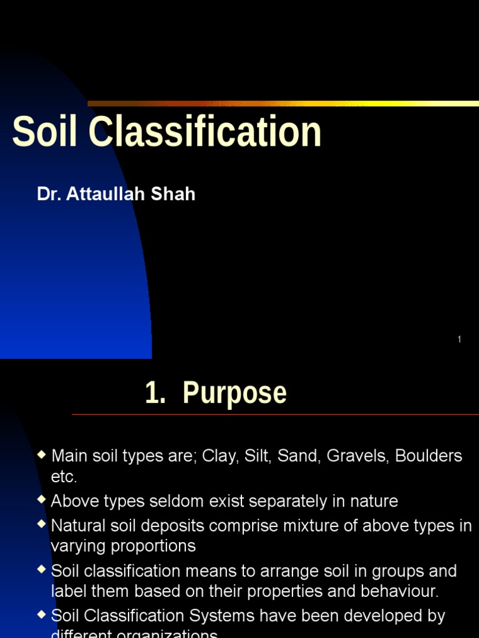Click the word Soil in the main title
tap(47, 132)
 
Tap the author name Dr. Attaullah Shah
tap(116, 194)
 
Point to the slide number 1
tap(459, 340)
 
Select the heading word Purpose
tap(235, 393)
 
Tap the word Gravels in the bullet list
tap(356, 456)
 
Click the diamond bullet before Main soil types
tap(42, 455)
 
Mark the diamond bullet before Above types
tap(42, 500)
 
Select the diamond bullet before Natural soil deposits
tap(42, 525)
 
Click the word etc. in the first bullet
tap(64, 477)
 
